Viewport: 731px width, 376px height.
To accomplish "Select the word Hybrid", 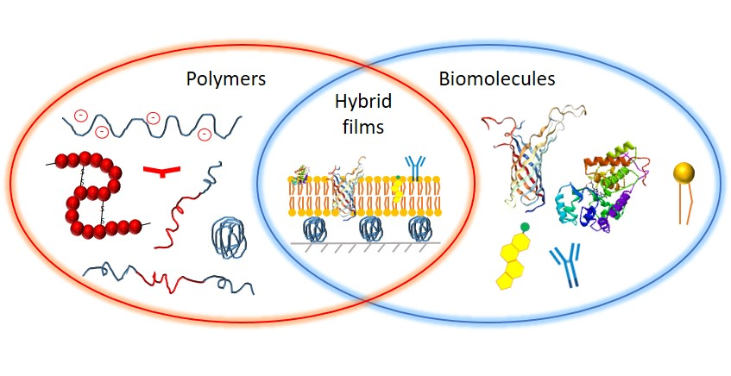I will (363, 102).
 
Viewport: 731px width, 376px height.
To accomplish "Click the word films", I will (363, 128).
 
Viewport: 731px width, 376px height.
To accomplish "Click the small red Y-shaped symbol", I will (162, 172).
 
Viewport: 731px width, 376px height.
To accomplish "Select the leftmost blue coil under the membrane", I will (311, 228).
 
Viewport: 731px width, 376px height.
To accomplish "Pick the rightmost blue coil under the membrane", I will (419, 228).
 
